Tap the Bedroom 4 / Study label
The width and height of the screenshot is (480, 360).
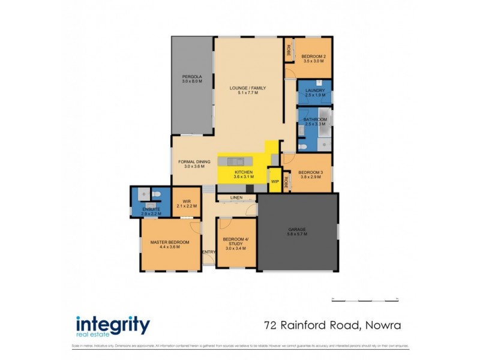(235, 243)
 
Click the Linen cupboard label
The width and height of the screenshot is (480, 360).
(236, 197)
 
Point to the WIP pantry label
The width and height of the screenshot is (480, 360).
(275, 181)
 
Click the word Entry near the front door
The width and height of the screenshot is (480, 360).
(208, 252)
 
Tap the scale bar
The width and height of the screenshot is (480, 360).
(364, 299)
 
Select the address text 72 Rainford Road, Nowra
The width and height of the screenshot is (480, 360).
(332, 326)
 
